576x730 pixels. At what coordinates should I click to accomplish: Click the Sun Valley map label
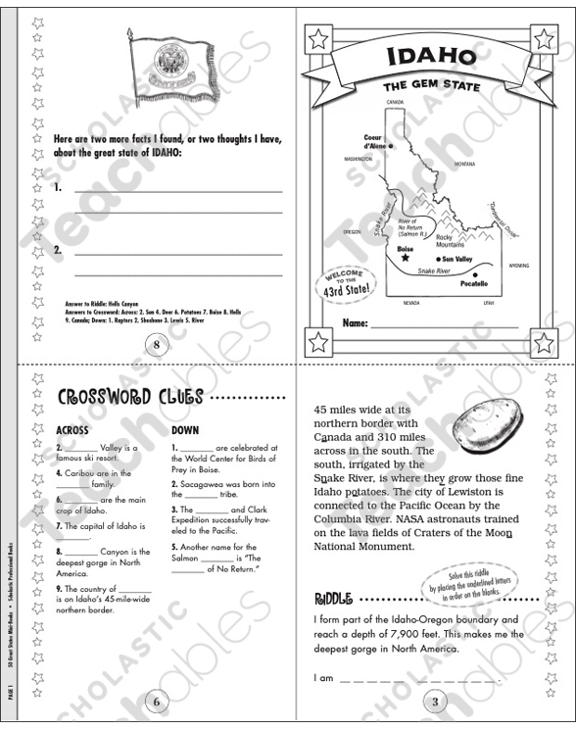tap(454, 259)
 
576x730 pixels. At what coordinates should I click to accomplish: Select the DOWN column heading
tap(184, 429)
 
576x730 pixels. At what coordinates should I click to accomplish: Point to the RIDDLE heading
tap(333, 598)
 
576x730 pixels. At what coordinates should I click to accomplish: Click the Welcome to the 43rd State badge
tap(347, 284)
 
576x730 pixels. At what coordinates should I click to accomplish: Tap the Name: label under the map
tap(356, 322)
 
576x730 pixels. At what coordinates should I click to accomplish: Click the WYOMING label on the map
tap(518, 265)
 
